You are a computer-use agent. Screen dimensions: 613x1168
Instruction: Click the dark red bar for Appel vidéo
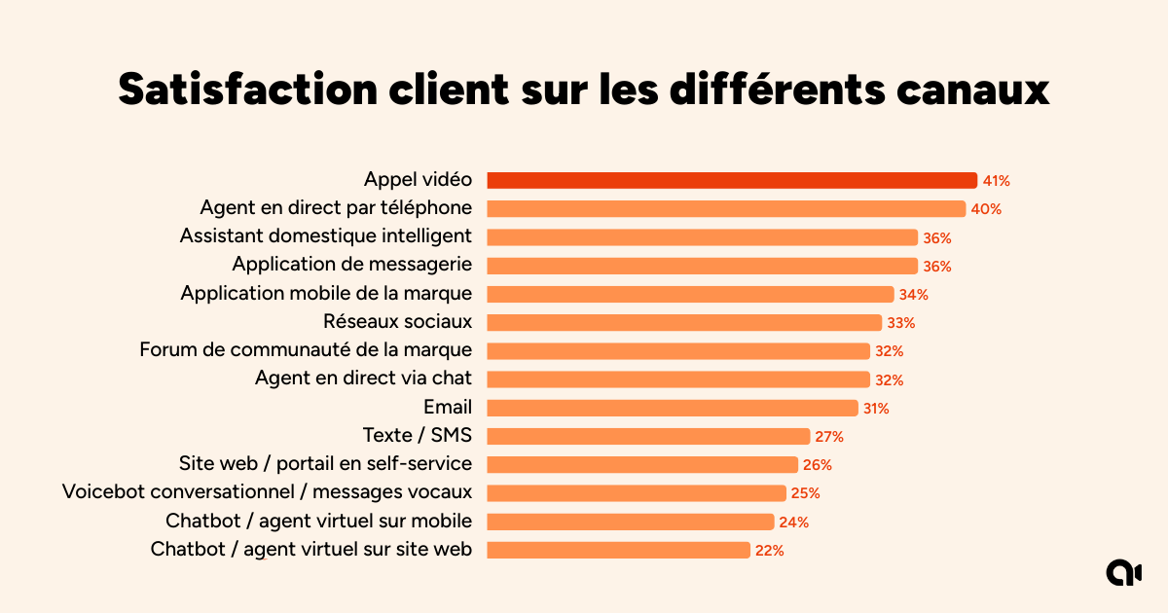[731, 180]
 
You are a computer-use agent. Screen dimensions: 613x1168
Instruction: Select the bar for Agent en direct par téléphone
[725, 208]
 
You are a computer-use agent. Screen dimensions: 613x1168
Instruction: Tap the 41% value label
[997, 181]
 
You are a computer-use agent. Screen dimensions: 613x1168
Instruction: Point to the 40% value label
[986, 209]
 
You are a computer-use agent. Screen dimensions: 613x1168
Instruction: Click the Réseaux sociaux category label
[397, 321]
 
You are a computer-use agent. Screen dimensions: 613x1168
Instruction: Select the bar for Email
[672, 408]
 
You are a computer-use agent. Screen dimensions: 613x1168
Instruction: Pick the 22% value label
[769, 551]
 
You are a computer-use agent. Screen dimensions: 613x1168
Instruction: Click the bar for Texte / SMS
[647, 436]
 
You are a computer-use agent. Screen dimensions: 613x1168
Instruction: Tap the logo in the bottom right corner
[1123, 573]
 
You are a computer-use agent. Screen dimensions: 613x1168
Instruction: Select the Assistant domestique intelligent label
[326, 236]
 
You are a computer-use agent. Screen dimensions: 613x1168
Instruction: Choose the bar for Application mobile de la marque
[689, 294]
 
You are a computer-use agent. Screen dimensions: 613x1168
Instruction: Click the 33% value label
[901, 323]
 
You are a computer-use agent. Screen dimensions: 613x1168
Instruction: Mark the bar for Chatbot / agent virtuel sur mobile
[630, 522]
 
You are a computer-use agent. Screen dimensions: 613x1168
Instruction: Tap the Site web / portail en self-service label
[325, 463]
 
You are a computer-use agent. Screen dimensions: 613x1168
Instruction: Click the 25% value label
[805, 493]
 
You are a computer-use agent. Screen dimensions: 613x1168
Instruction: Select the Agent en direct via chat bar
[677, 379]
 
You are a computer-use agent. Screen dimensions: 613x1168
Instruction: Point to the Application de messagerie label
[351, 265]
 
